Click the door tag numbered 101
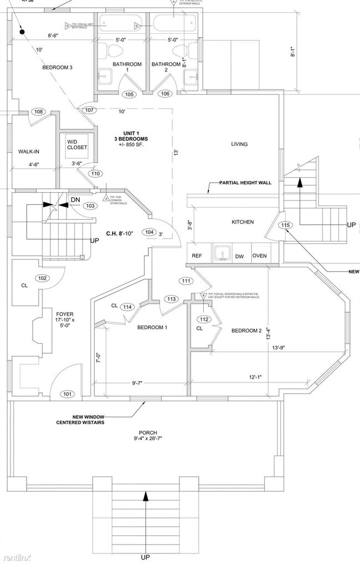[67, 395]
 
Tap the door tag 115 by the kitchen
[285, 225]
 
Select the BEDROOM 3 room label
[58, 68]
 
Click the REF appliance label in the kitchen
[197, 256]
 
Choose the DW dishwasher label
[239, 256]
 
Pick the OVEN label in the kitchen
[260, 256]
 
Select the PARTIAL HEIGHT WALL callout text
[245, 183]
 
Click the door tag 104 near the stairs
[148, 232]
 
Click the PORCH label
[148, 432]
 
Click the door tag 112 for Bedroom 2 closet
[204, 319]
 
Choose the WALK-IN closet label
[29, 151]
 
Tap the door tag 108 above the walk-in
[38, 112]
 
